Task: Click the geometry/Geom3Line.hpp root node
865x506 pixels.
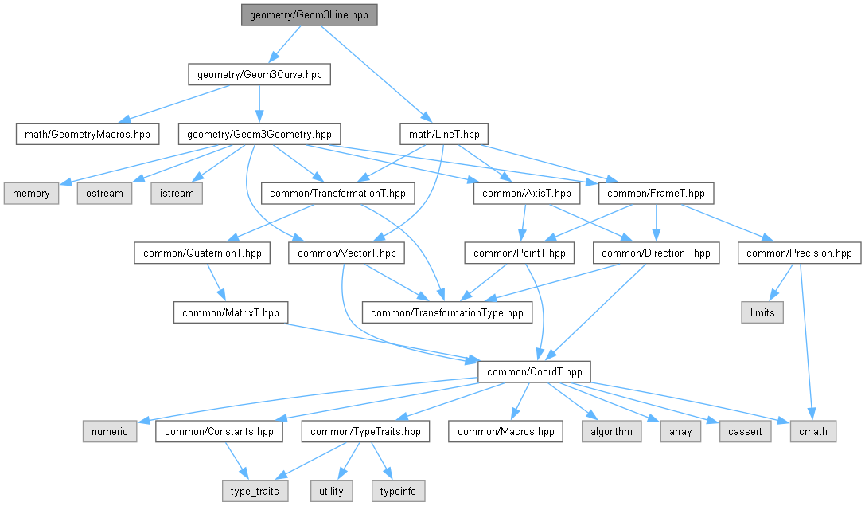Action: (309, 15)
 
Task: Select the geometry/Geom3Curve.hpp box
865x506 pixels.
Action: (259, 75)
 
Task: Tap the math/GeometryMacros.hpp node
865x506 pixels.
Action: (88, 134)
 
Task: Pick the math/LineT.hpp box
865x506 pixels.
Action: (444, 134)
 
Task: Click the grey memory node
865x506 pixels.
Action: (32, 194)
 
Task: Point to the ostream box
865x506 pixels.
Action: (104, 194)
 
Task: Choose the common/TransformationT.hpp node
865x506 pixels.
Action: (337, 194)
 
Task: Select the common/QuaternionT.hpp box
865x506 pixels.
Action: (202, 253)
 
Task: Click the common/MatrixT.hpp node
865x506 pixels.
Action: (231, 313)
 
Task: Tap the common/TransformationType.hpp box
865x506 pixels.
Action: (447, 313)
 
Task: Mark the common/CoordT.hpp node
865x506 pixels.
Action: (534, 372)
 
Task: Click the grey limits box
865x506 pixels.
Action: (762, 313)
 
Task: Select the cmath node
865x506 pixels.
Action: (813, 432)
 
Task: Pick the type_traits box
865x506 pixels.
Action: (255, 492)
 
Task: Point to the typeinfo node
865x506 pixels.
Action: (399, 492)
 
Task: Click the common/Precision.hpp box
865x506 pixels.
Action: (800, 253)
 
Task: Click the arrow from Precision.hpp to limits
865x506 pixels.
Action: (781, 282)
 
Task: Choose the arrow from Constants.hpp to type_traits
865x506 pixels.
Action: (236, 461)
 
